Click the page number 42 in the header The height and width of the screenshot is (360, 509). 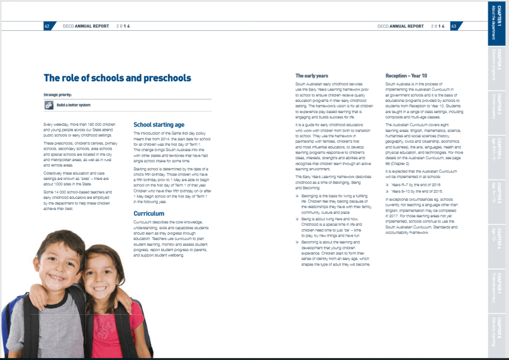coord(47,26)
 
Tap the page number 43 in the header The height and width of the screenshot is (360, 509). coord(454,26)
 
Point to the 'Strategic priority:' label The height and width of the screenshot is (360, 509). coord(58,94)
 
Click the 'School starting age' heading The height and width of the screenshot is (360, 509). coord(159,125)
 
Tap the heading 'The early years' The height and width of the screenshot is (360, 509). coord(312,76)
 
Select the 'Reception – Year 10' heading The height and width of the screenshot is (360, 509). coord(406,76)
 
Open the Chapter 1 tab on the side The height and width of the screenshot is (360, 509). coord(498,22)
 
